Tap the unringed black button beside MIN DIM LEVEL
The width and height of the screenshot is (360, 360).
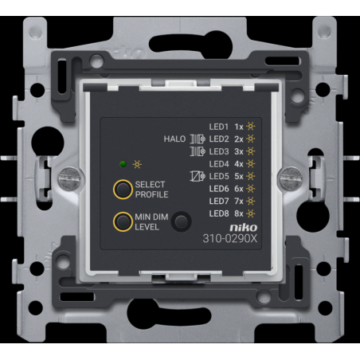(x=181, y=221)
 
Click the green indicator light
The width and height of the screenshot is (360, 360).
(x=123, y=164)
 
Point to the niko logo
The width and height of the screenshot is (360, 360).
(x=244, y=228)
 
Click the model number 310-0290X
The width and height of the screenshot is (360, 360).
(x=230, y=239)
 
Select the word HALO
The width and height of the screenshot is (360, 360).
(x=174, y=139)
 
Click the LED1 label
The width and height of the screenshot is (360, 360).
(x=219, y=127)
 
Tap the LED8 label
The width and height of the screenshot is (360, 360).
(x=219, y=213)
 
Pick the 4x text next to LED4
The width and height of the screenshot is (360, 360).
(x=239, y=164)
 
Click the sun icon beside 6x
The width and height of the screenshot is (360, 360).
(x=250, y=189)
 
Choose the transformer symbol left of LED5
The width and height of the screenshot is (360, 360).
(x=198, y=176)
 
